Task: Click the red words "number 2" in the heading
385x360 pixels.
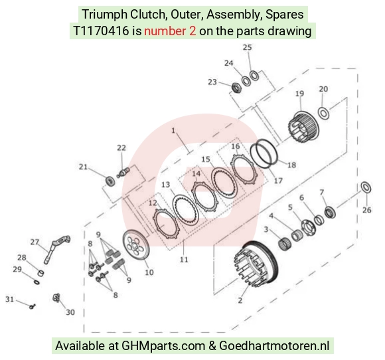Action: coord(170,31)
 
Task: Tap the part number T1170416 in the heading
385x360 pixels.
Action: coord(101,31)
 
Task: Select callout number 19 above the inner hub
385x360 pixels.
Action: coord(299,94)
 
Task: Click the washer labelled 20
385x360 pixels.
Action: coord(324,113)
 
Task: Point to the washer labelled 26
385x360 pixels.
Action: coord(366,188)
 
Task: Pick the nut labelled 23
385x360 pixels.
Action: coord(237,88)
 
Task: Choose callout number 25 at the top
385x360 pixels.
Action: coord(247,47)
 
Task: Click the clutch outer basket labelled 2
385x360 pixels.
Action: coord(256,264)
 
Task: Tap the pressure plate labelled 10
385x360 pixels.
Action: coord(136,246)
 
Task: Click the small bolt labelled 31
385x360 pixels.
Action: coord(33,306)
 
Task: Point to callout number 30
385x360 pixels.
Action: coord(70,312)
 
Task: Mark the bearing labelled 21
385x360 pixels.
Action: coord(110,181)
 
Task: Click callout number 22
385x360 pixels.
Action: coord(121,147)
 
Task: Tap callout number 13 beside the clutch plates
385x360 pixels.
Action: coord(166,185)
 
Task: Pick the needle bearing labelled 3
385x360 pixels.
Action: coord(285,244)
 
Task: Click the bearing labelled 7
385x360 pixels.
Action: coord(330,213)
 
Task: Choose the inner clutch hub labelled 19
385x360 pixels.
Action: coord(303,128)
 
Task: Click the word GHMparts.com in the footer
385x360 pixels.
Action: coord(163,346)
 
